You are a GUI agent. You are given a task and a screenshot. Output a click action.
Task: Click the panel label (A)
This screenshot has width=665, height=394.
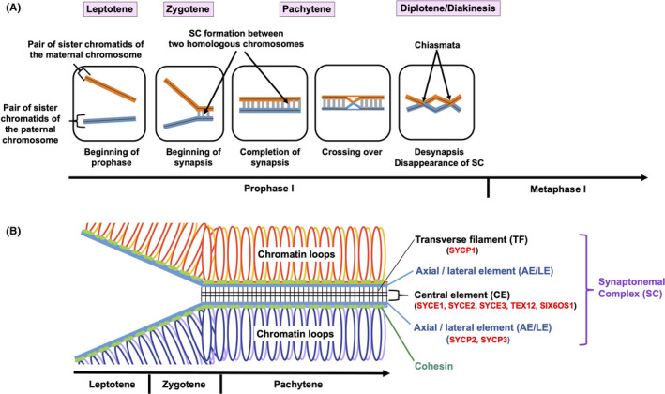16,8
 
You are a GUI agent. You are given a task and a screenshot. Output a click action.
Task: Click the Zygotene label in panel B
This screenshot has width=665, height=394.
185,385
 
